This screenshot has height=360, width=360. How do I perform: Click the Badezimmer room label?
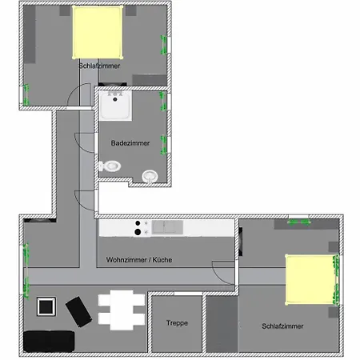tap(130, 142)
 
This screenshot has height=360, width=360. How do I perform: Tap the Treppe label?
tap(177, 323)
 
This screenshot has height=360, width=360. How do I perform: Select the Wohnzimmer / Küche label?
tap(139, 260)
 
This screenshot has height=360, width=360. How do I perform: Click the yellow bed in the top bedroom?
tap(98, 31)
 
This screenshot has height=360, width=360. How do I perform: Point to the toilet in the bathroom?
tap(110, 166)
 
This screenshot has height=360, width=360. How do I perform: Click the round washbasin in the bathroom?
tap(150, 176)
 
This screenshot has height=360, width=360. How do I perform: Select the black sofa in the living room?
tap(49, 342)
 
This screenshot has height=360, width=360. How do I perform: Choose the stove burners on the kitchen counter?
tap(142, 228)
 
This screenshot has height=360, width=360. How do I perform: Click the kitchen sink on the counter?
tap(168, 227)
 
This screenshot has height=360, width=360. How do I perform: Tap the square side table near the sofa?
tap(46, 306)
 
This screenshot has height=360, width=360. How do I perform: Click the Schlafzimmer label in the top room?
tap(100, 66)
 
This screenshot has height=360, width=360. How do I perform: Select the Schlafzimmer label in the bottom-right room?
tap(282, 326)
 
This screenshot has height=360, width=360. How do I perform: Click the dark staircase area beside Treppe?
tap(220, 324)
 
